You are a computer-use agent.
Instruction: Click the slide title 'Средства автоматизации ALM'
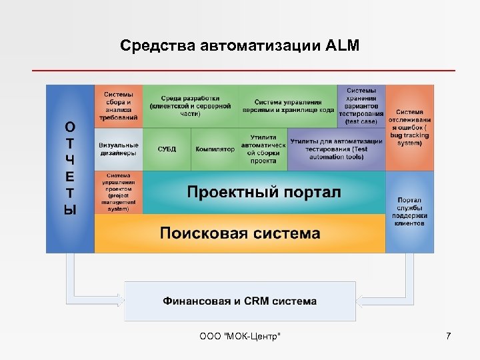click(240, 45)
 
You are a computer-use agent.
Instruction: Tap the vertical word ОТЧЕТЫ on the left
click(70, 168)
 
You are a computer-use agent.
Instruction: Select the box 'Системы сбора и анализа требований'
click(118, 106)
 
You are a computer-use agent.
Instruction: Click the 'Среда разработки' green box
click(190, 106)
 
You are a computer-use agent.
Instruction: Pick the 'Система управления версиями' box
click(287, 106)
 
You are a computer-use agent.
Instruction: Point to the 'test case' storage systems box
click(361, 106)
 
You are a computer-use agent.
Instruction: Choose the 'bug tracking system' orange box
click(409, 127)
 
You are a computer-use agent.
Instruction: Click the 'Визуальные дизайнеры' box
click(118, 149)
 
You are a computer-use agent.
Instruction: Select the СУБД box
click(167, 149)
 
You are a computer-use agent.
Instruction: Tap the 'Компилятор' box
click(215, 149)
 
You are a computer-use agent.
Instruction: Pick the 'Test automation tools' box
click(336, 149)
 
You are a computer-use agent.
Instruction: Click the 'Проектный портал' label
click(263, 193)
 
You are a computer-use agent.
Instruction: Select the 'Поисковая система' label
click(240, 233)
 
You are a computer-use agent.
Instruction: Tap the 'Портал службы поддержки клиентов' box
click(409, 211)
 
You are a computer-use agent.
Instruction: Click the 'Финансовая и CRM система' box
click(240, 301)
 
